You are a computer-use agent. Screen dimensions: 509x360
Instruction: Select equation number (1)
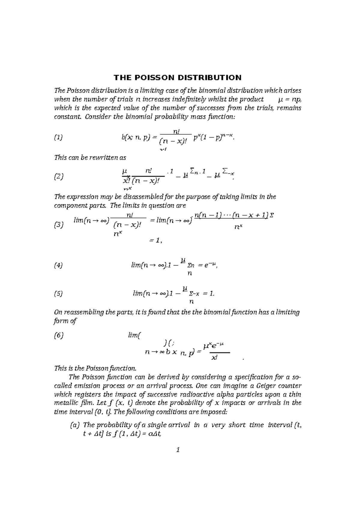tap(58, 138)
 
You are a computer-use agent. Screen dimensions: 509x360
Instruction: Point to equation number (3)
tap(59, 225)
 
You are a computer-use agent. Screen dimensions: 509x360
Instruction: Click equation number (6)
tap(59, 336)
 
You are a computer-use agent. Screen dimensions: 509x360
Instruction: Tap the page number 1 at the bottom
tap(178, 450)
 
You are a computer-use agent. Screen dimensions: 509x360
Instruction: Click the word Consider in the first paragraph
tap(98, 117)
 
